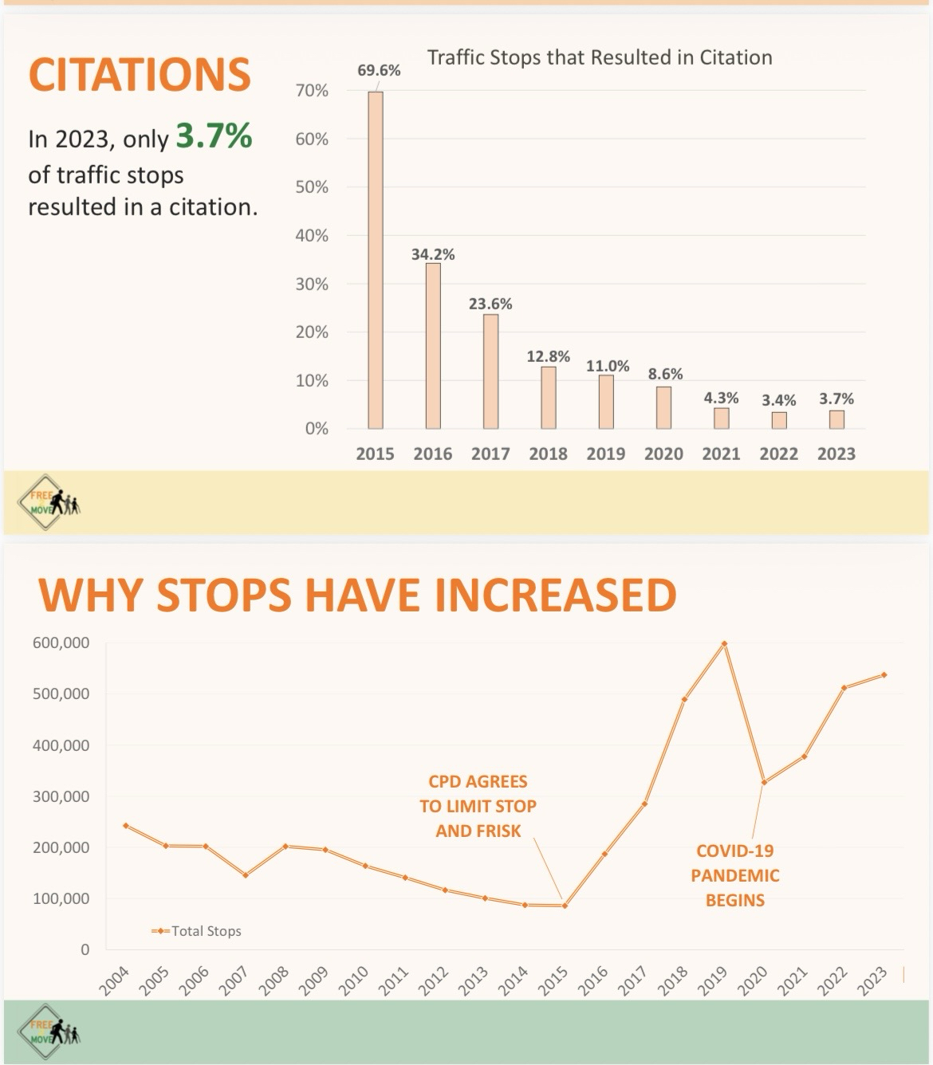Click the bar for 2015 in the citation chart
point(375,260)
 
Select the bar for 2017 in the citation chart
point(490,371)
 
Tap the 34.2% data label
point(433,254)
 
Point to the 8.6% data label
point(665,374)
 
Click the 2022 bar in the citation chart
point(779,420)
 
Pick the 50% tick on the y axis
point(312,187)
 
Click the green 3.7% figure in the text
point(214,136)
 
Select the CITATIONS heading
point(140,74)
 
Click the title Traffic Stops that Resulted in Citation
point(600,57)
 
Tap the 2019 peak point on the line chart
point(724,643)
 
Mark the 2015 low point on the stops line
point(565,906)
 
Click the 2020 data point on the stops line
point(764,782)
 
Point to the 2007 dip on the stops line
point(246,874)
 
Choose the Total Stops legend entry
point(197,930)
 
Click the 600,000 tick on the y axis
point(61,643)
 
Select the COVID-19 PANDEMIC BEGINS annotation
point(734,875)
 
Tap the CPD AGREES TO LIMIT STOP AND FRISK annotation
point(478,806)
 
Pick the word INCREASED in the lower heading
point(551,595)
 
